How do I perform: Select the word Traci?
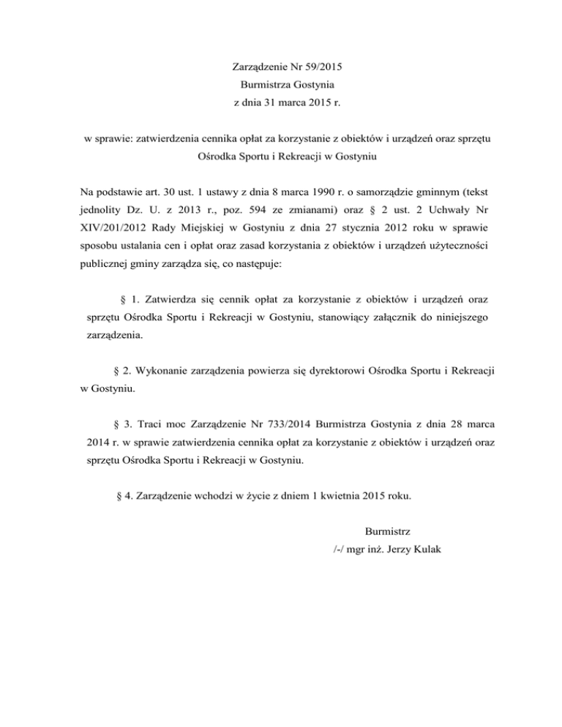tap(145, 423)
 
